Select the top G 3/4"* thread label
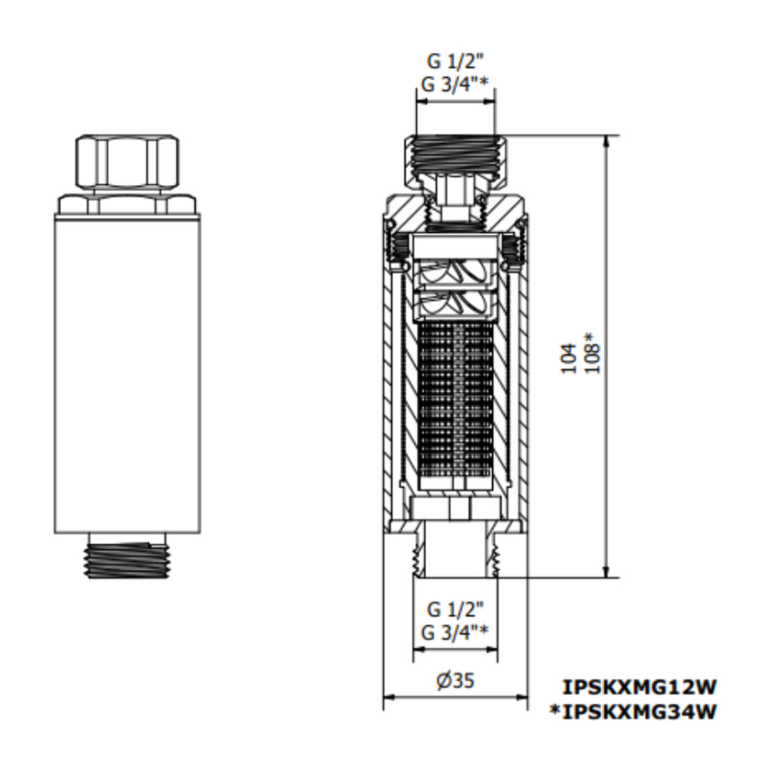(455, 84)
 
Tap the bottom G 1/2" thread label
(455, 608)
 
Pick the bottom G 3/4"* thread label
(455, 633)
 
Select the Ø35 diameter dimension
(456, 680)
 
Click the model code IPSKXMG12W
(639, 687)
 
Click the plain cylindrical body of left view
(126, 372)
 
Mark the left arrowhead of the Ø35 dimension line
(387, 697)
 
